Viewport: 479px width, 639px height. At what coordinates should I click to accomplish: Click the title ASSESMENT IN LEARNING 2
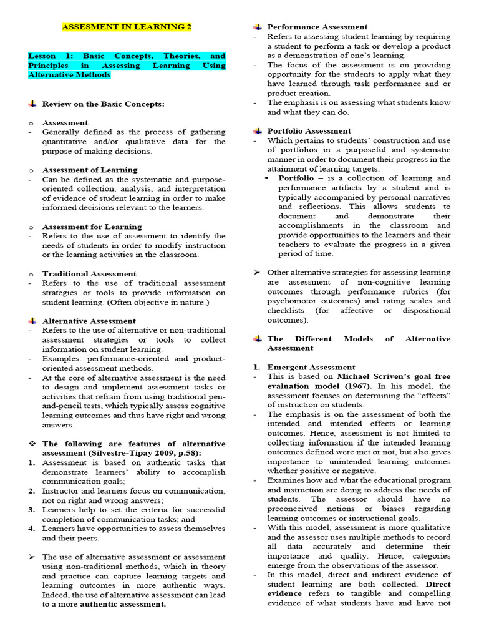pos(127,27)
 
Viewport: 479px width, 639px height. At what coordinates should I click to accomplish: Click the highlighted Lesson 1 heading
pos(127,66)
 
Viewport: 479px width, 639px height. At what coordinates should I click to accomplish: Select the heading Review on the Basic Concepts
pos(103,104)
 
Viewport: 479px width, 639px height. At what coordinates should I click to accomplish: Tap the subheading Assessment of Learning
pos(90,170)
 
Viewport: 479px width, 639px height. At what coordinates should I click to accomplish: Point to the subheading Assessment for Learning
pos(92,227)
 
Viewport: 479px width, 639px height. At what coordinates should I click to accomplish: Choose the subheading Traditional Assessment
pos(89,273)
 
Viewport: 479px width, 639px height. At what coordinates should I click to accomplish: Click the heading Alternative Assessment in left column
pos(89,321)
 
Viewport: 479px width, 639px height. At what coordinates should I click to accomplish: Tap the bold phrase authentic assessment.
pos(123,604)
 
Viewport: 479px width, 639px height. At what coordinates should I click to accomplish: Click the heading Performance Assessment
pos(317,27)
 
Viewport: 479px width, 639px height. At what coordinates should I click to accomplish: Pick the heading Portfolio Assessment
pos(309,130)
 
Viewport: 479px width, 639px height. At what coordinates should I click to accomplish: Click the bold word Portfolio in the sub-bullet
pos(296,178)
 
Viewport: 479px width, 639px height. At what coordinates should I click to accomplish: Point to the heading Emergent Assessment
pos(311,367)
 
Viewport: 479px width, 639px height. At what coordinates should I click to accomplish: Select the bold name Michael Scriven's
pos(374,377)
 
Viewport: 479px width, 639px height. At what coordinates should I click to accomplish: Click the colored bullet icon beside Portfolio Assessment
pos(257,130)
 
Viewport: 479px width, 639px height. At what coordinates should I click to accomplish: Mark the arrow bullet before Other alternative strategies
pos(257,272)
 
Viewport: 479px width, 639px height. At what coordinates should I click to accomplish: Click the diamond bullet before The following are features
pos(32,444)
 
